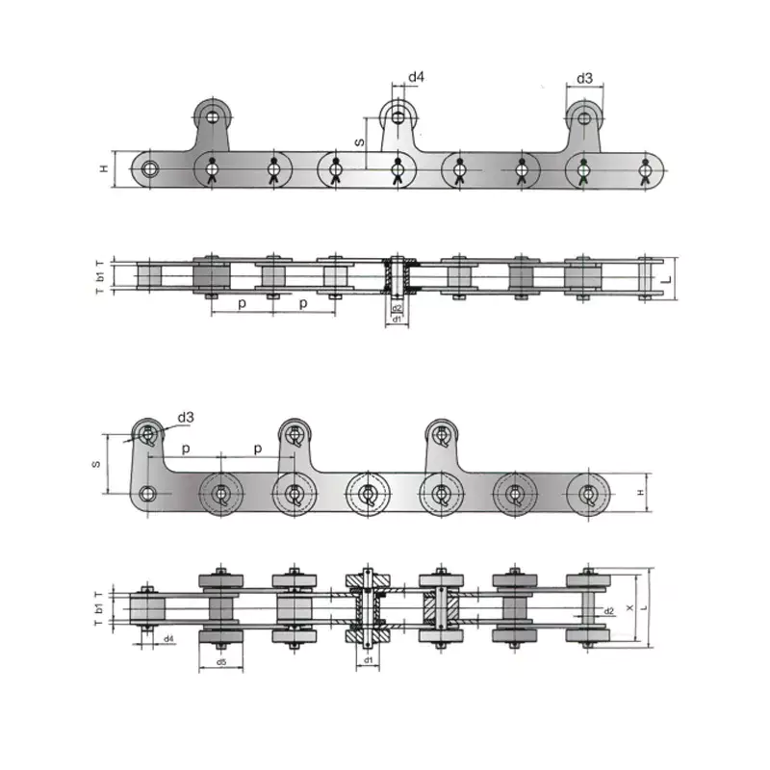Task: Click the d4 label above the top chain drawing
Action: pyautogui.click(x=416, y=77)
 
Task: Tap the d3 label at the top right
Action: pyautogui.click(x=584, y=77)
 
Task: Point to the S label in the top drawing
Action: pyautogui.click(x=360, y=141)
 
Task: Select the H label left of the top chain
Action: pyautogui.click(x=105, y=169)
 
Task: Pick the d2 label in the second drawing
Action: pyautogui.click(x=397, y=308)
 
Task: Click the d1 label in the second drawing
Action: pyautogui.click(x=397, y=318)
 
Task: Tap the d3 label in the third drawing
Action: pyautogui.click(x=186, y=418)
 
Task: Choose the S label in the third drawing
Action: pyautogui.click(x=96, y=464)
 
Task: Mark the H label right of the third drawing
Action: pyautogui.click(x=640, y=493)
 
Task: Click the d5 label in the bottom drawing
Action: pyautogui.click(x=220, y=662)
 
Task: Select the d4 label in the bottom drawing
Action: pyautogui.click(x=167, y=638)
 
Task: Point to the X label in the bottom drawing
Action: pyautogui.click(x=629, y=608)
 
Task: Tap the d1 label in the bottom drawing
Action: pyautogui.click(x=368, y=661)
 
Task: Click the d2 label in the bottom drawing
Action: pyautogui.click(x=608, y=611)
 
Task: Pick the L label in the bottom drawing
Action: pyautogui.click(x=643, y=608)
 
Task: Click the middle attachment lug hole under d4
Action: pyautogui.click(x=397, y=117)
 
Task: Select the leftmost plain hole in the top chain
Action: pyautogui.click(x=149, y=170)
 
